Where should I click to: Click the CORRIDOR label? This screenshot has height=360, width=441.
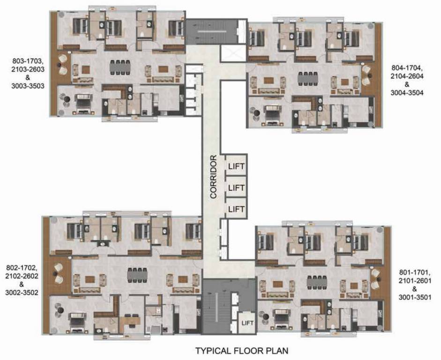click(213, 177)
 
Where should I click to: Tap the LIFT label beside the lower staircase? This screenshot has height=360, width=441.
click(247, 323)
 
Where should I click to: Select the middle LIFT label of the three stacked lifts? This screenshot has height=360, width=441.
click(236, 187)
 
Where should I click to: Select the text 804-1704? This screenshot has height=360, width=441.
click(407, 69)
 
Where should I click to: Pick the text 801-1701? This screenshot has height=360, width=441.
click(413, 272)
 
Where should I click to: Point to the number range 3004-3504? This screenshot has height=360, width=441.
click(407, 93)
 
